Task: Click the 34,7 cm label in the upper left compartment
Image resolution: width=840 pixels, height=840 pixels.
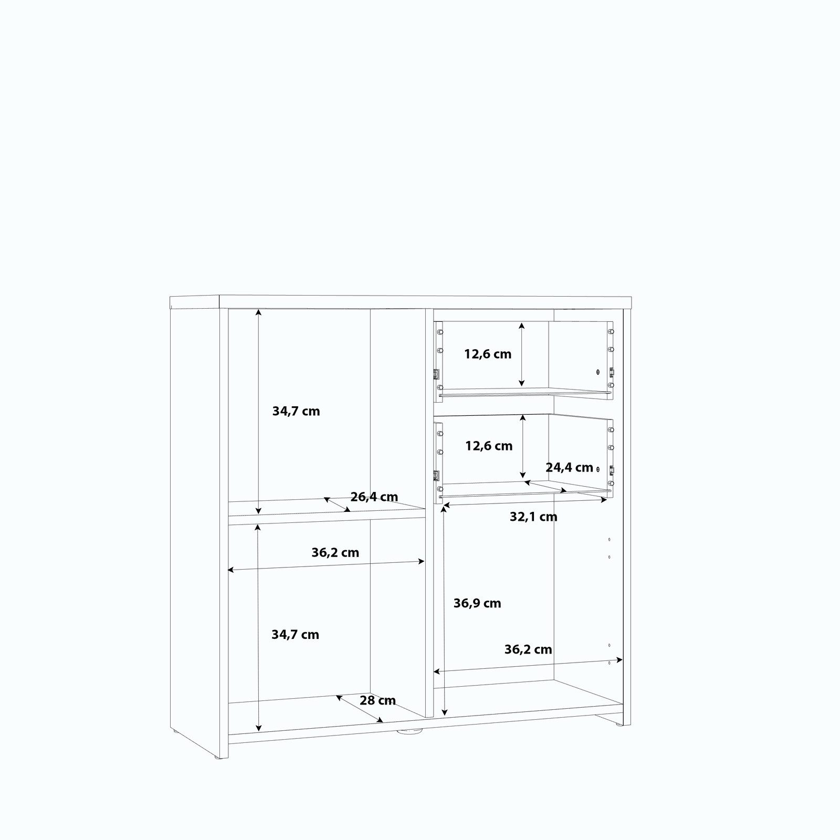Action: point(296,411)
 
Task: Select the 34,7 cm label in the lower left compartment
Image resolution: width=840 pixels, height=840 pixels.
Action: point(295,635)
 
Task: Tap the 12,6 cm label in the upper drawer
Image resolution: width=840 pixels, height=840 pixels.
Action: point(488,354)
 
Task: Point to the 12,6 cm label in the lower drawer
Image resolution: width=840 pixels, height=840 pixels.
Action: point(489,446)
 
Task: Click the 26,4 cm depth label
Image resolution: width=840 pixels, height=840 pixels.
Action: point(374,497)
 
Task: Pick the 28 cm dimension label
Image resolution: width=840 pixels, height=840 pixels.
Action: point(377,700)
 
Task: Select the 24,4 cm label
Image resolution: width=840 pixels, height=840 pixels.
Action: point(570,467)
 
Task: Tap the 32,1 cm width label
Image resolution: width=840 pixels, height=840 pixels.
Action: point(533,517)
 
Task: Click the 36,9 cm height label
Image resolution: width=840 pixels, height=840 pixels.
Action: point(477,603)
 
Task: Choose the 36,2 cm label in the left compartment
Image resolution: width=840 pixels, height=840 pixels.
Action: point(335,552)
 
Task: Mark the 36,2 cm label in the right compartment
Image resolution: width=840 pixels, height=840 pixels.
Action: point(528,649)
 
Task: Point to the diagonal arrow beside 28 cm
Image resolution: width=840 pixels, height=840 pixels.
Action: point(360,709)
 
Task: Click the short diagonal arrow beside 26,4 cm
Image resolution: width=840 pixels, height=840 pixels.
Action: point(337,505)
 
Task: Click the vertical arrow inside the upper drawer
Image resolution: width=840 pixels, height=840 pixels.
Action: point(521,354)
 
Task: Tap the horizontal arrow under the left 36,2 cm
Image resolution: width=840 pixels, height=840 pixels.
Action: point(326,565)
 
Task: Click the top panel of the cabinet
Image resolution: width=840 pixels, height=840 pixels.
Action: point(401,302)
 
